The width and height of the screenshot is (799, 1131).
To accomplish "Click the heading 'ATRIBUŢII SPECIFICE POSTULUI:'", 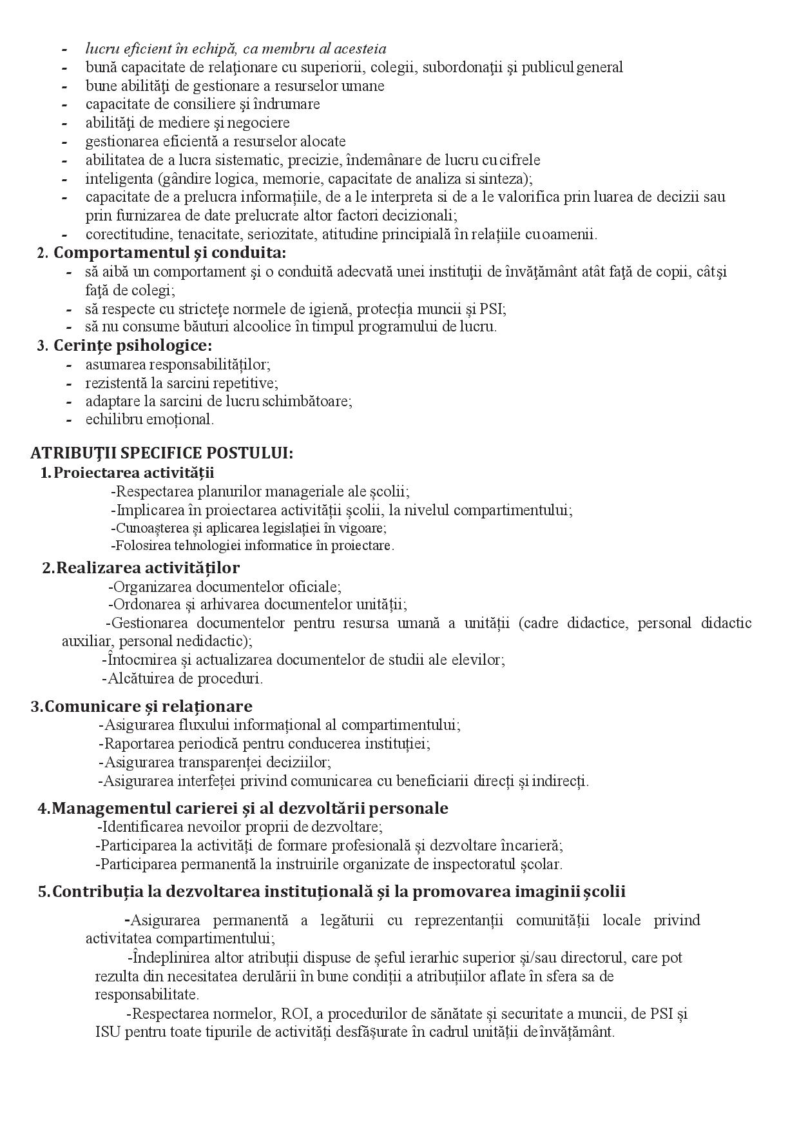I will pyautogui.click(x=161, y=453).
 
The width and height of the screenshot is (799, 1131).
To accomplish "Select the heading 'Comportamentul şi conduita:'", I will pyautogui.click(x=169, y=253).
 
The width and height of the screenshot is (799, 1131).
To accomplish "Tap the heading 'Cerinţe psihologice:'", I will pyautogui.click(x=133, y=346).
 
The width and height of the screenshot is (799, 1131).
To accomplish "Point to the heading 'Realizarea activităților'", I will pyautogui.click(x=148, y=568).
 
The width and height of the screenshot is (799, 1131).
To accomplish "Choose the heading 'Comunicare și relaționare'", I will pyautogui.click(x=148, y=706).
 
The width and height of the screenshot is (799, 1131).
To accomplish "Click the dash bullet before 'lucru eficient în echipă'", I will pyautogui.click(x=64, y=49).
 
